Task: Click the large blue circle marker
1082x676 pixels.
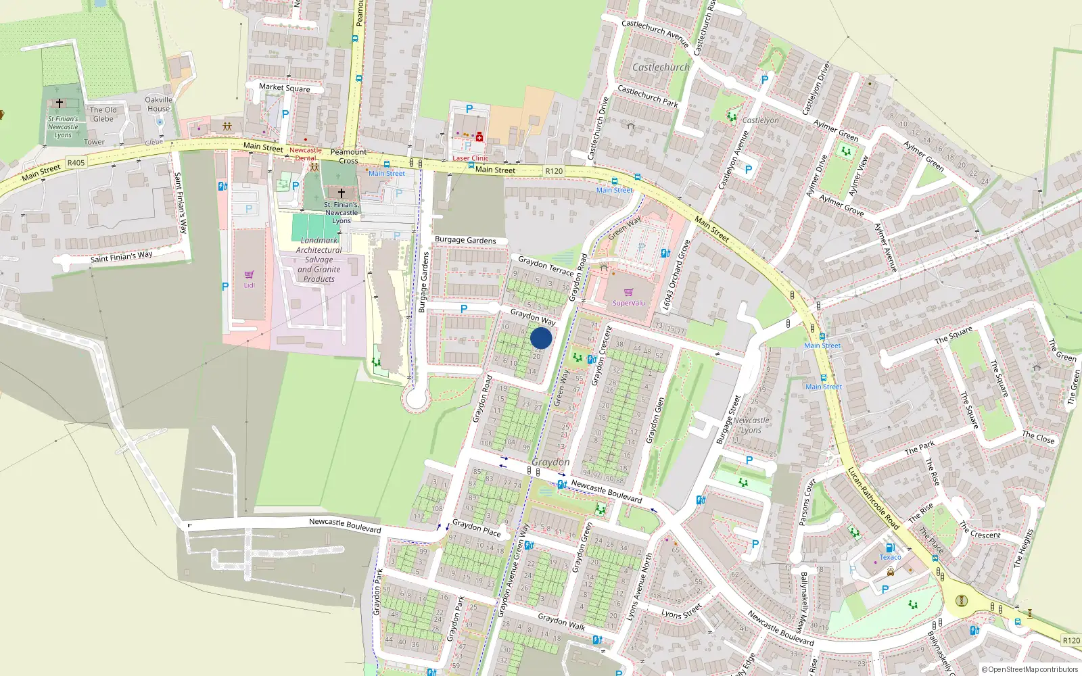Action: click(541, 338)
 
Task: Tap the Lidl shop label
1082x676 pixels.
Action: click(249, 285)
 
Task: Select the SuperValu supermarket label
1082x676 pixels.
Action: click(628, 303)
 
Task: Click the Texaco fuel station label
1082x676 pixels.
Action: click(890, 557)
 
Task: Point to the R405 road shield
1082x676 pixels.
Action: click(76, 162)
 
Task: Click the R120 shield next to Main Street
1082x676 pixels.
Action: click(554, 171)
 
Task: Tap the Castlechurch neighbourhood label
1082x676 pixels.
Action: click(661, 68)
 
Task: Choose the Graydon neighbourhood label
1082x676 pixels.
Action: click(550, 462)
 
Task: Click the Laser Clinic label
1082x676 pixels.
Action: click(470, 158)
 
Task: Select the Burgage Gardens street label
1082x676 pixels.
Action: click(465, 240)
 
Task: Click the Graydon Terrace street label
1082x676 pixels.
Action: click(546, 265)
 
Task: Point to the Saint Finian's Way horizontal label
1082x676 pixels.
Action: click(122, 257)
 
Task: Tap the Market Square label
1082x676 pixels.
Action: click(285, 88)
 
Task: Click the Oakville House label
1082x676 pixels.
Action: click(159, 104)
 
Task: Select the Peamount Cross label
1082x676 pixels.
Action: click(348, 156)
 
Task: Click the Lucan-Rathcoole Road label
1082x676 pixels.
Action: click(873, 498)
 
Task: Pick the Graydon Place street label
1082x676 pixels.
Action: click(476, 527)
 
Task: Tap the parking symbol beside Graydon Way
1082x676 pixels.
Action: click(464, 309)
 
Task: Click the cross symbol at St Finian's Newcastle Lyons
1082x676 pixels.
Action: click(60, 103)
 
